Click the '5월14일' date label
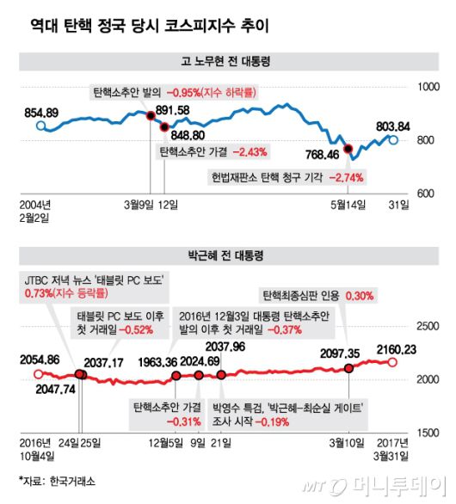(348, 204)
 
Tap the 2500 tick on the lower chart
(427, 326)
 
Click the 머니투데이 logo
(384, 484)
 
